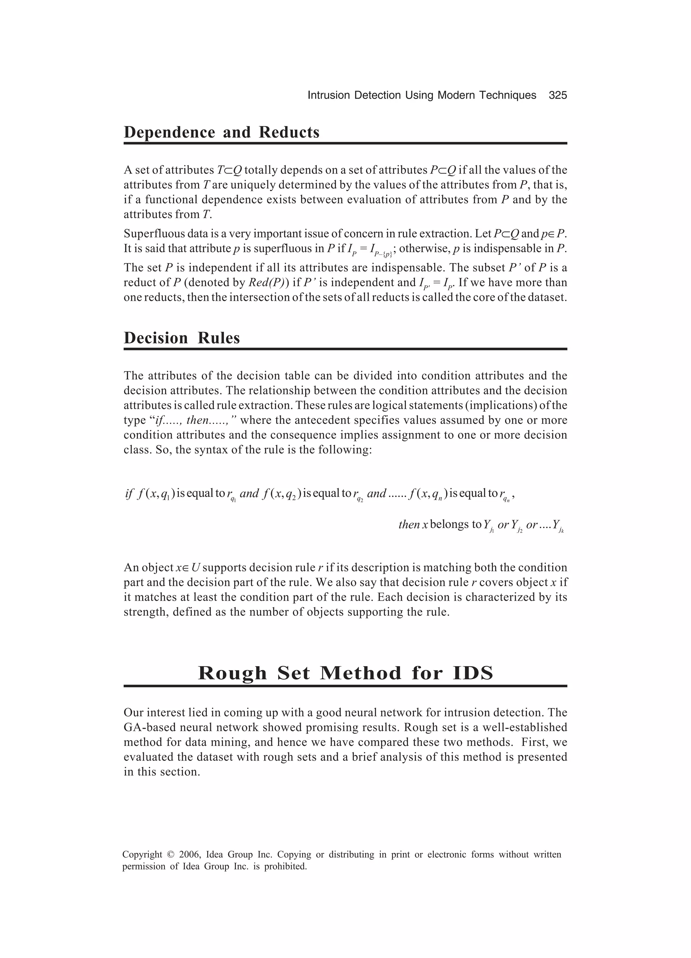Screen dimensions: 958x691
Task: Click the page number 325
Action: [x=558, y=96]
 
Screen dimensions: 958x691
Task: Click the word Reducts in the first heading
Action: [x=289, y=132]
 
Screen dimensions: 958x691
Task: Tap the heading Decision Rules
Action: [x=182, y=338]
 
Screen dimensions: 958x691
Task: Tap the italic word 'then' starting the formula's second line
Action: [x=409, y=525]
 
